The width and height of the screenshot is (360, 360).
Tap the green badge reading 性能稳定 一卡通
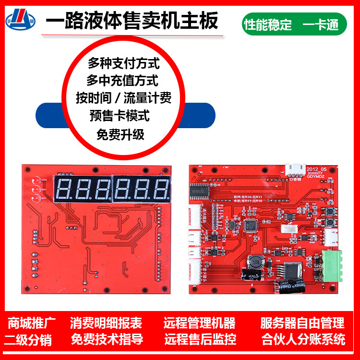294,24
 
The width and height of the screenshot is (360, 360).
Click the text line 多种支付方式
123,63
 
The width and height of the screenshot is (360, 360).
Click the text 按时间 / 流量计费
123,98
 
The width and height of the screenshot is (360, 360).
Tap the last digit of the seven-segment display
162,190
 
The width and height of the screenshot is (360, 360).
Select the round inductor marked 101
256,262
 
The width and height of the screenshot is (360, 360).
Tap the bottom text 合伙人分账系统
303,340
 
